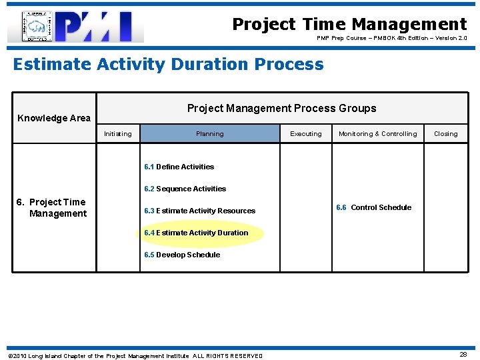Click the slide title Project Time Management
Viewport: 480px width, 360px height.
[349, 25]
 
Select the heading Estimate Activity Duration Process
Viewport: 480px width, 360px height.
[168, 65]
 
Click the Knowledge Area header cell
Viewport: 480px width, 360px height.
[54, 118]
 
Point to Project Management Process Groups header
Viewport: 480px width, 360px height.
[281, 108]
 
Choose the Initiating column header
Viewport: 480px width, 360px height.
[118, 134]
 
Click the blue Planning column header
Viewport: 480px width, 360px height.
[210, 134]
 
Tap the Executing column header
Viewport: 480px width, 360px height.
[306, 134]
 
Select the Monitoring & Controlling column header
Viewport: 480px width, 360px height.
[377, 134]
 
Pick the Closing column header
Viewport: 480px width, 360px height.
[445, 134]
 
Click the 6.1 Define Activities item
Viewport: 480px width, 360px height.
[179, 167]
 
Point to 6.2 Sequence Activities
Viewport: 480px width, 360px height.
[185, 189]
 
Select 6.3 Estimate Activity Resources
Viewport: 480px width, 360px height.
[199, 211]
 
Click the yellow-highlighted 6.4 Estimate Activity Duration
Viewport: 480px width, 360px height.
[196, 233]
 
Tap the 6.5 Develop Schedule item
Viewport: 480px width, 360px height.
[182, 255]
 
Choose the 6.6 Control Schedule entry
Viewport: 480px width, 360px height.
[373, 207]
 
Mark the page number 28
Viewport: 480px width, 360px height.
[463, 355]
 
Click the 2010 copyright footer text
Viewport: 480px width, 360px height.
[135, 356]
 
